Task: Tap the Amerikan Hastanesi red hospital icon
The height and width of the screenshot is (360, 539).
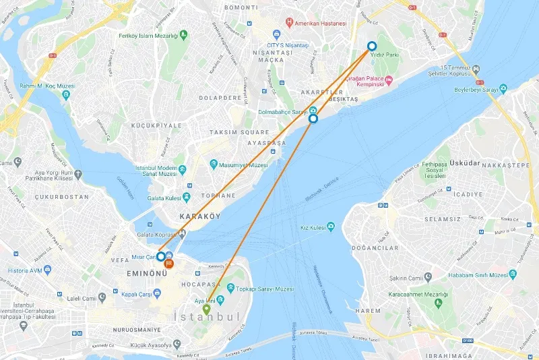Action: coord(289,23)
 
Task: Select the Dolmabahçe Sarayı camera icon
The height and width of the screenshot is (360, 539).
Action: coord(313,111)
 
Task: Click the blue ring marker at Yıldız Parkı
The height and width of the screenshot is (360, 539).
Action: coord(372,47)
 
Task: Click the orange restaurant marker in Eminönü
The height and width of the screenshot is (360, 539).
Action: coord(169,263)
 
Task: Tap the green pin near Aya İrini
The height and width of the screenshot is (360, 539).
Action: coord(206,310)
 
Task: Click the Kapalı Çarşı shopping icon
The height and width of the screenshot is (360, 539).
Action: coord(157,293)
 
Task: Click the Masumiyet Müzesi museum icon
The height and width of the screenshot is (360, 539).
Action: coord(214,164)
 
